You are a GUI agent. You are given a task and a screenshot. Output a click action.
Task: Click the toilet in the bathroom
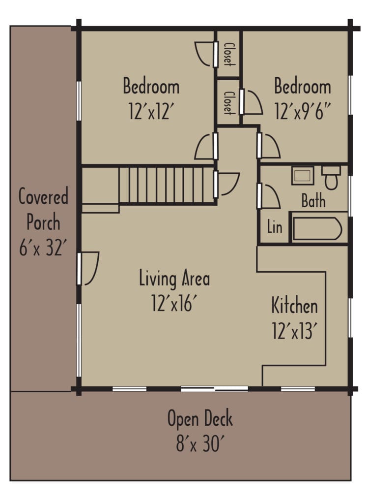331,178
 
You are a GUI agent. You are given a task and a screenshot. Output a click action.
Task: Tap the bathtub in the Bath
317,228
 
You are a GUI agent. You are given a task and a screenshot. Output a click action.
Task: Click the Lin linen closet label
275,227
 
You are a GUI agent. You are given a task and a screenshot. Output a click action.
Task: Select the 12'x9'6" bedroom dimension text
303,112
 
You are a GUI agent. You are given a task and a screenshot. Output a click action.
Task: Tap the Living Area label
174,279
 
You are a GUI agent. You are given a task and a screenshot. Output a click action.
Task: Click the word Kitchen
295,306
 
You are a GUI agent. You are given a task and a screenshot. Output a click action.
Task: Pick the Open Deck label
200,420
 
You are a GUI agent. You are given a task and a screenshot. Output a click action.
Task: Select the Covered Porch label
43,210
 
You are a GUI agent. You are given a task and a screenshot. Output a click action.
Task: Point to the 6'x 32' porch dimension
43,248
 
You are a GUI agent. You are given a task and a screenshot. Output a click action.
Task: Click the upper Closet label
228,54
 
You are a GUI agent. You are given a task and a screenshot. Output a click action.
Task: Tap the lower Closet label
228,102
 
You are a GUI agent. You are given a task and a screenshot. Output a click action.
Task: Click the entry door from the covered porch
88,268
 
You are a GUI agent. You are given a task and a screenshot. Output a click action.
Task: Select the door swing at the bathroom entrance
269,195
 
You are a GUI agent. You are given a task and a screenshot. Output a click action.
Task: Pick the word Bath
313,201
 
